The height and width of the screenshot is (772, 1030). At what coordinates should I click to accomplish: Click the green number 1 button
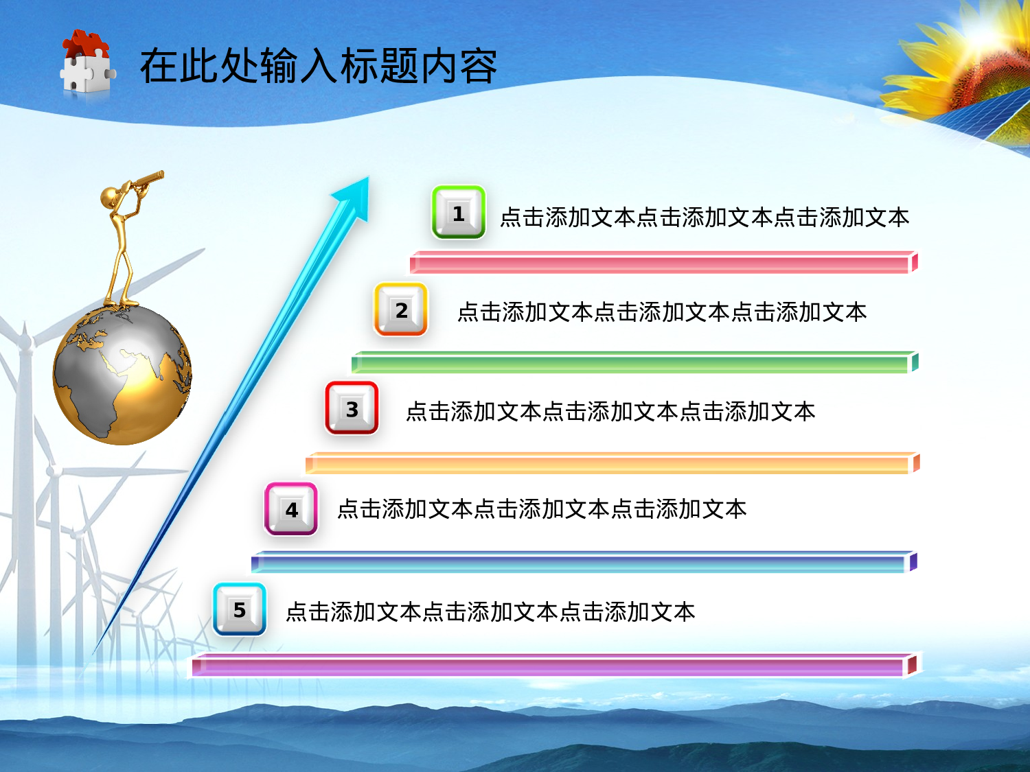coord(459,213)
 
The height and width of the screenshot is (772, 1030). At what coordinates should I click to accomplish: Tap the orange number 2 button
coord(401,310)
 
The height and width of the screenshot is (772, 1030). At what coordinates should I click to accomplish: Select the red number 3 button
coord(352,409)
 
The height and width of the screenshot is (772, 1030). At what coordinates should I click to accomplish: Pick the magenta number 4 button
coord(291,509)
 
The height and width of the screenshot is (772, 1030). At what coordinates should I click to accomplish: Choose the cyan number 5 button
coord(240,609)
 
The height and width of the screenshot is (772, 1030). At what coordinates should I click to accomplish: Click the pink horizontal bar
coord(663,263)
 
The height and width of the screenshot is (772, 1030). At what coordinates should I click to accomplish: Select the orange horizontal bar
coord(611,464)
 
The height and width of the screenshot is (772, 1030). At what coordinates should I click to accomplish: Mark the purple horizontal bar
coord(553,665)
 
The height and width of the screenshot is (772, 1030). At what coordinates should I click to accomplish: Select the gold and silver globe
coord(122,375)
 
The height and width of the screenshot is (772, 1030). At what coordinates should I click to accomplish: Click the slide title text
coord(318,67)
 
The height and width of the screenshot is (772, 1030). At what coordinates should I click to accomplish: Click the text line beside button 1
coord(704,218)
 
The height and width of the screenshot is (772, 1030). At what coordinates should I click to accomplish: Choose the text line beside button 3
coord(610,412)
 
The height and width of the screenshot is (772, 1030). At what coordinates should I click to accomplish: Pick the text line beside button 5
coord(490,612)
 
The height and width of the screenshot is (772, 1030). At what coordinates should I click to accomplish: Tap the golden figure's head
coord(109,198)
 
